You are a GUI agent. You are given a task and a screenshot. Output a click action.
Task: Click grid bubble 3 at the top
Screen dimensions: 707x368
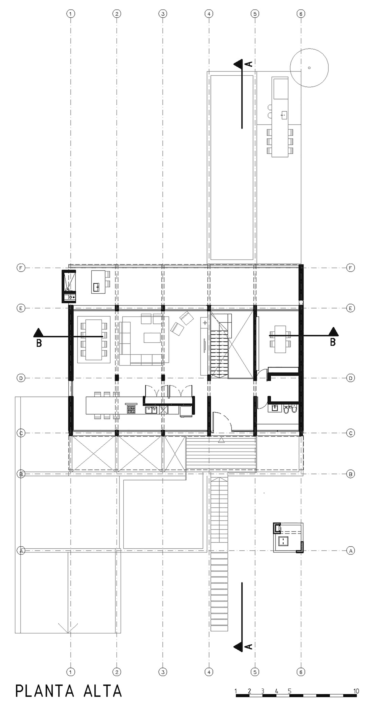point(163,13)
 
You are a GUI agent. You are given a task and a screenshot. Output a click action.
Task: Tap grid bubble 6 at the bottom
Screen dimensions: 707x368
point(301,672)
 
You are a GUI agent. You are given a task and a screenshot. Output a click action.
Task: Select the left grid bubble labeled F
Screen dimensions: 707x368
point(21,268)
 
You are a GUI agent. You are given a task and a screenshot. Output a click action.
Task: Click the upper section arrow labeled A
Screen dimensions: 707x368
point(239,64)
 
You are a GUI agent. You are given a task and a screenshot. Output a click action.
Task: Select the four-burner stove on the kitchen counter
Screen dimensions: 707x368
point(131,410)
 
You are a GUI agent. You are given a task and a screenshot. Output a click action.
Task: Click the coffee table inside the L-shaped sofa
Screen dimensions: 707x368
point(152,338)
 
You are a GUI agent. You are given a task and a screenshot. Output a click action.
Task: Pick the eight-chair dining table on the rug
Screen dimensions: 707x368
point(94,340)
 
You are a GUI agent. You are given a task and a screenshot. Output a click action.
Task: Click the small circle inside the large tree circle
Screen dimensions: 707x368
point(309,68)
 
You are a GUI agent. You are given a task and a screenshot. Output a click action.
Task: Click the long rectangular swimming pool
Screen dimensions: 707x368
point(232,167)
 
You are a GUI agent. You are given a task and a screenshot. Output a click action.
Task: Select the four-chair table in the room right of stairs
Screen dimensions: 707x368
point(280,339)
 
